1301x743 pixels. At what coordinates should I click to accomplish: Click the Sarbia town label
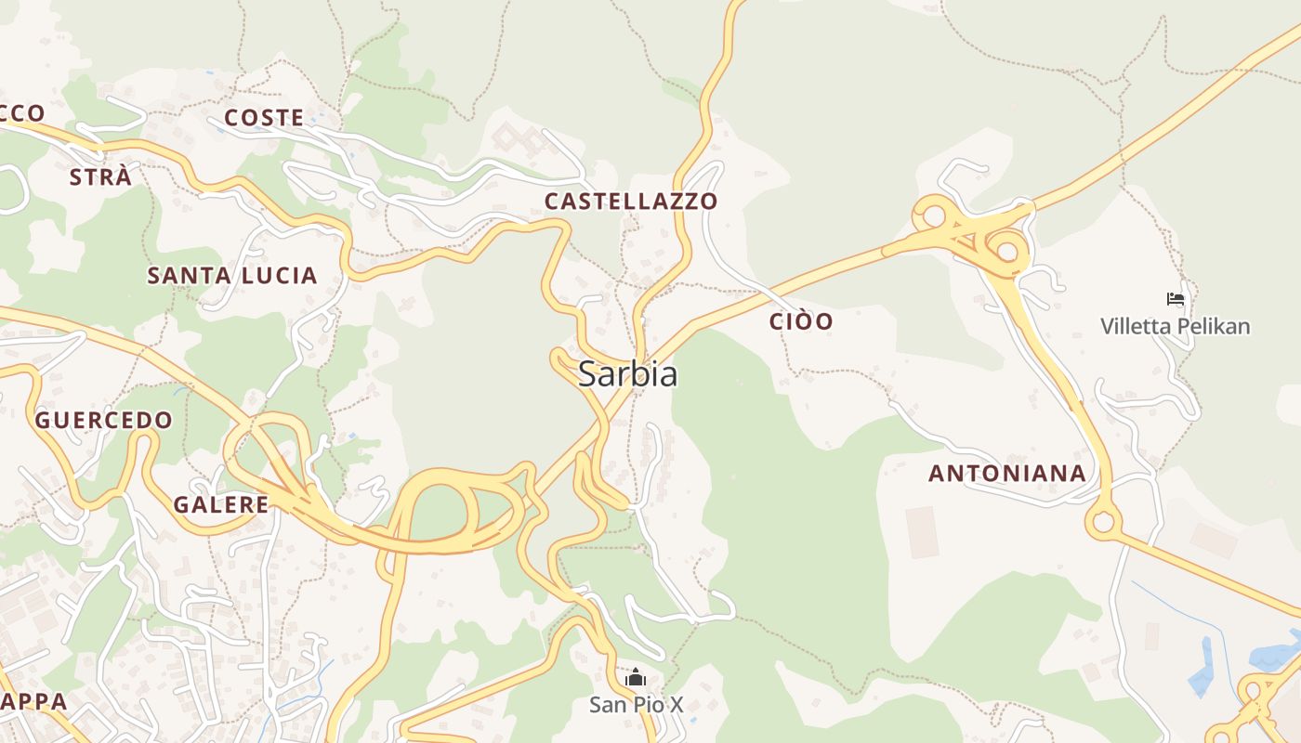point(627,373)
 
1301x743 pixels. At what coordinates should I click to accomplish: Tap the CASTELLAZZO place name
point(630,201)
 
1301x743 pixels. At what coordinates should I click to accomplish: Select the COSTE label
point(264,118)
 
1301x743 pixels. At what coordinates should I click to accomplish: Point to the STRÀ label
point(100,176)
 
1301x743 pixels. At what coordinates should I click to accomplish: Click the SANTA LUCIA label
point(232,275)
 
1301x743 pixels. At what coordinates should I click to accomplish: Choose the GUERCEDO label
point(103,420)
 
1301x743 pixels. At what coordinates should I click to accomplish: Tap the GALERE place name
point(220,504)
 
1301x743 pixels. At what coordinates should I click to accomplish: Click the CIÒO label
point(801,321)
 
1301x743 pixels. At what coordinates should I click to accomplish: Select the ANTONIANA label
point(1006,473)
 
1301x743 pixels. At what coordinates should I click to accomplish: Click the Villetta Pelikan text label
point(1175,326)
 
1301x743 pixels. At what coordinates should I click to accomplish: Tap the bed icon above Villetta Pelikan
point(1176,299)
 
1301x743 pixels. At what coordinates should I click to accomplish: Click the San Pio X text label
point(636,705)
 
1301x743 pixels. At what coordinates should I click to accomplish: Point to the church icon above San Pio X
point(636,678)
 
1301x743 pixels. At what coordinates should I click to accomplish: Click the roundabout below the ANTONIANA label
point(1103,522)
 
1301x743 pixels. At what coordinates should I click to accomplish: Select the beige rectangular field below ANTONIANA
point(923,531)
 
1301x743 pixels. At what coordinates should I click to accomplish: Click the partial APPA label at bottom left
point(33,700)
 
